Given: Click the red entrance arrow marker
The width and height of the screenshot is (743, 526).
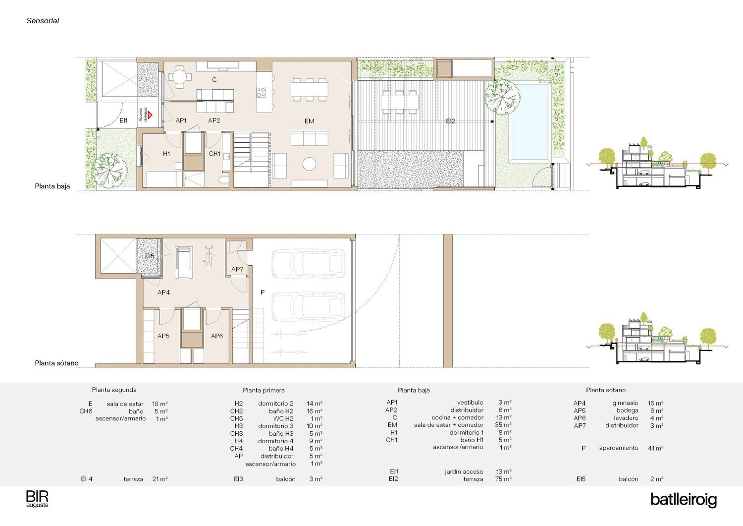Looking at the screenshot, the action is coord(150,115).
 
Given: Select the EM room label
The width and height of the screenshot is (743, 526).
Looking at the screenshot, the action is coord(309,121).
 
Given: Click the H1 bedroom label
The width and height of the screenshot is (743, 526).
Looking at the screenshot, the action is coord(166,154).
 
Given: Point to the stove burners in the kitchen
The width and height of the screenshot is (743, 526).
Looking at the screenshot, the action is coord(261,92).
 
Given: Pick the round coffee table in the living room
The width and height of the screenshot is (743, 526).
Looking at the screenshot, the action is coord(309,164).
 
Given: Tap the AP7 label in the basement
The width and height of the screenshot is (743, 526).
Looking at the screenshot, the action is coord(237,269).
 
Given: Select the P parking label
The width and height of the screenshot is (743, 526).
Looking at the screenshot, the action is coord(263,292).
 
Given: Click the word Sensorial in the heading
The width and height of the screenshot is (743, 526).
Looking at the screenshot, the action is coord(43,21).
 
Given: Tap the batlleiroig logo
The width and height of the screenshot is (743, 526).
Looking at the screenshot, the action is coord(683,500).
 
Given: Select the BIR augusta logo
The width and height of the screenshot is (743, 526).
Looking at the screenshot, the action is coord(37,499).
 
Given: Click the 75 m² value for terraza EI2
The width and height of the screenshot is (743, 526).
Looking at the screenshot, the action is coord(503,479).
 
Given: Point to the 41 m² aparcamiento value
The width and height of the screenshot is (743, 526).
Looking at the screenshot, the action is coord(655,448).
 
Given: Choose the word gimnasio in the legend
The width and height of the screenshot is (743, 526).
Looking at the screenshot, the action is coord(625,403).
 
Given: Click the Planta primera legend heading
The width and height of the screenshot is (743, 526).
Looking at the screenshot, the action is coord(264,390).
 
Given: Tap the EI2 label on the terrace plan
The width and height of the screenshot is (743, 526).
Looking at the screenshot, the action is coord(450,121).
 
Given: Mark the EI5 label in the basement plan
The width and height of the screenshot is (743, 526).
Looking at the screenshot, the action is coord(150,256).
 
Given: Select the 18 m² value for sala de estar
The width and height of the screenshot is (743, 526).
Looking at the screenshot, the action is coord(160,404).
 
